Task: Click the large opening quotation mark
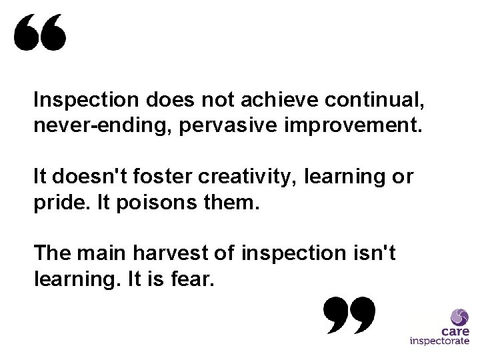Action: click(41, 33)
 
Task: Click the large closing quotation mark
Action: click(349, 315)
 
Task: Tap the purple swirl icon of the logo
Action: click(459, 316)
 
